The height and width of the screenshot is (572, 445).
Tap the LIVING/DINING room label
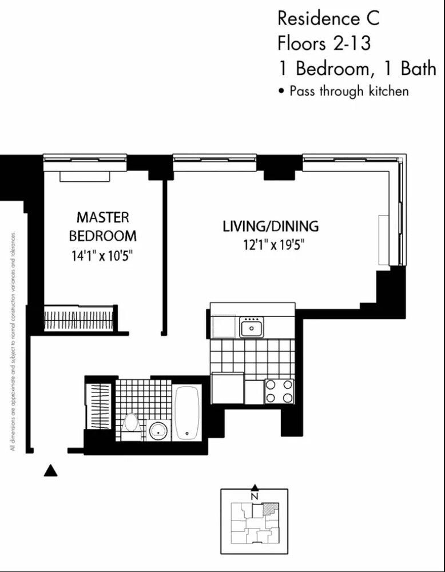[271, 226]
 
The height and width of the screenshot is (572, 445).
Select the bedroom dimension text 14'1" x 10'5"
[103, 256]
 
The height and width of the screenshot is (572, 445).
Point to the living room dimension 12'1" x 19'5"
[271, 245]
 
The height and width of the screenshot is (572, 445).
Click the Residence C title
[328, 19]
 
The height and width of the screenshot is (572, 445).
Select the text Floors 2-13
[323, 43]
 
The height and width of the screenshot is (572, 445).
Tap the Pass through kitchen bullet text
[348, 91]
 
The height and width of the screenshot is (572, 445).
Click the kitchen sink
[252, 328]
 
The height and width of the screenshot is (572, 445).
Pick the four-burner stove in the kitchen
[279, 391]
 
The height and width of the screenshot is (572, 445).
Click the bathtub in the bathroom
[187, 412]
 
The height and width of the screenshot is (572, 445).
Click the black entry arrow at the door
[51, 470]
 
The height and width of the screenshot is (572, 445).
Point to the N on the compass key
[255, 495]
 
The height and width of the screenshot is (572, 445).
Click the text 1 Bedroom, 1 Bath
[356, 69]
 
